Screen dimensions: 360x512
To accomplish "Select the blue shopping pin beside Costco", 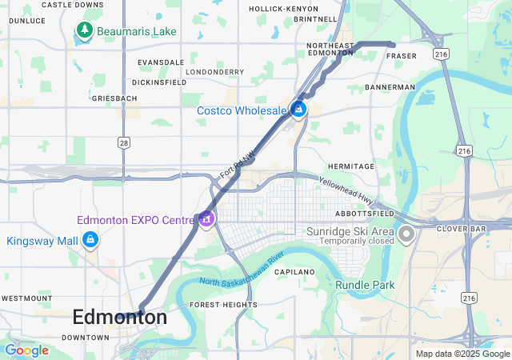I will (x=298, y=108).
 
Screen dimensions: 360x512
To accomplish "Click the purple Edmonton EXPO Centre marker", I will (x=206, y=218).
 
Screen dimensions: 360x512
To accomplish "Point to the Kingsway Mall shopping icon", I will (x=91, y=239).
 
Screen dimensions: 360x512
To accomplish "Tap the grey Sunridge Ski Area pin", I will (x=406, y=234).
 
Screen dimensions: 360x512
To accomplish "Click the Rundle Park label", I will (x=365, y=285).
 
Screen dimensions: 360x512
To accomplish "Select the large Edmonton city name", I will (x=120, y=318).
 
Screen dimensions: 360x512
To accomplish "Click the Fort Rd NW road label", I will (x=238, y=162).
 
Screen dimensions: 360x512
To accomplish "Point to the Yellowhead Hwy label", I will (x=346, y=188).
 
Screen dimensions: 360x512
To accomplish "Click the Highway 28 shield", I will (x=123, y=142).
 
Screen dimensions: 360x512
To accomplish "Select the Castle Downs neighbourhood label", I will (x=72, y=5).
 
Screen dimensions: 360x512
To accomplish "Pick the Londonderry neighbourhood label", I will (x=214, y=72).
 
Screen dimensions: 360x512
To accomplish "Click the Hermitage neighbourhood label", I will (x=350, y=166).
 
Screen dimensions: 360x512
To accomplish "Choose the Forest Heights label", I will (x=223, y=305).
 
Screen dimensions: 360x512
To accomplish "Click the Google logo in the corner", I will (x=26, y=350).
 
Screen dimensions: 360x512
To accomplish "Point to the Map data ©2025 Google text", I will (x=462, y=354).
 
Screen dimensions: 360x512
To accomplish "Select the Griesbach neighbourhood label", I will (x=114, y=98).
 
